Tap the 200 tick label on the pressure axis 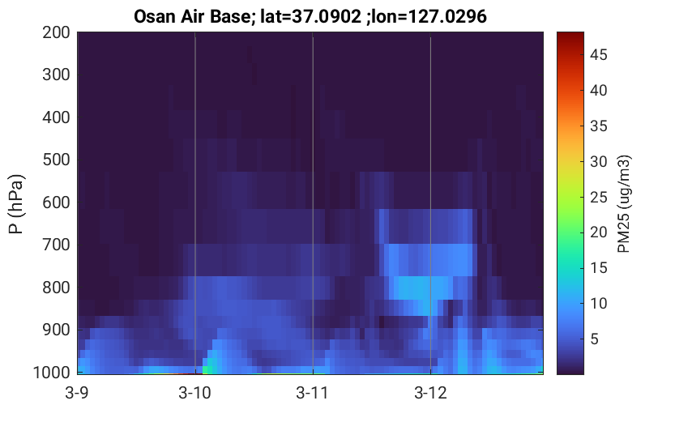56,32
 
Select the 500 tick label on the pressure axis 56,160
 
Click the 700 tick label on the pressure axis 56,245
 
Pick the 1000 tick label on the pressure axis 52,373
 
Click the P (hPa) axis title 16,204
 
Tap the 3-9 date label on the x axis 77,393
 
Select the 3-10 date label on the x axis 195,393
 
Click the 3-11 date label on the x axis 313,393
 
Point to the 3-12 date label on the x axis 430,393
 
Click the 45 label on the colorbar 598,54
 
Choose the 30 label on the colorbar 598,162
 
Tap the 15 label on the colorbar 598,268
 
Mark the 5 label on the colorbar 595,339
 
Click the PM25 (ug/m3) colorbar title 624,204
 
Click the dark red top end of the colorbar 570,33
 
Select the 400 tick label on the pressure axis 56,117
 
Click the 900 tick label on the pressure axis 56,330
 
